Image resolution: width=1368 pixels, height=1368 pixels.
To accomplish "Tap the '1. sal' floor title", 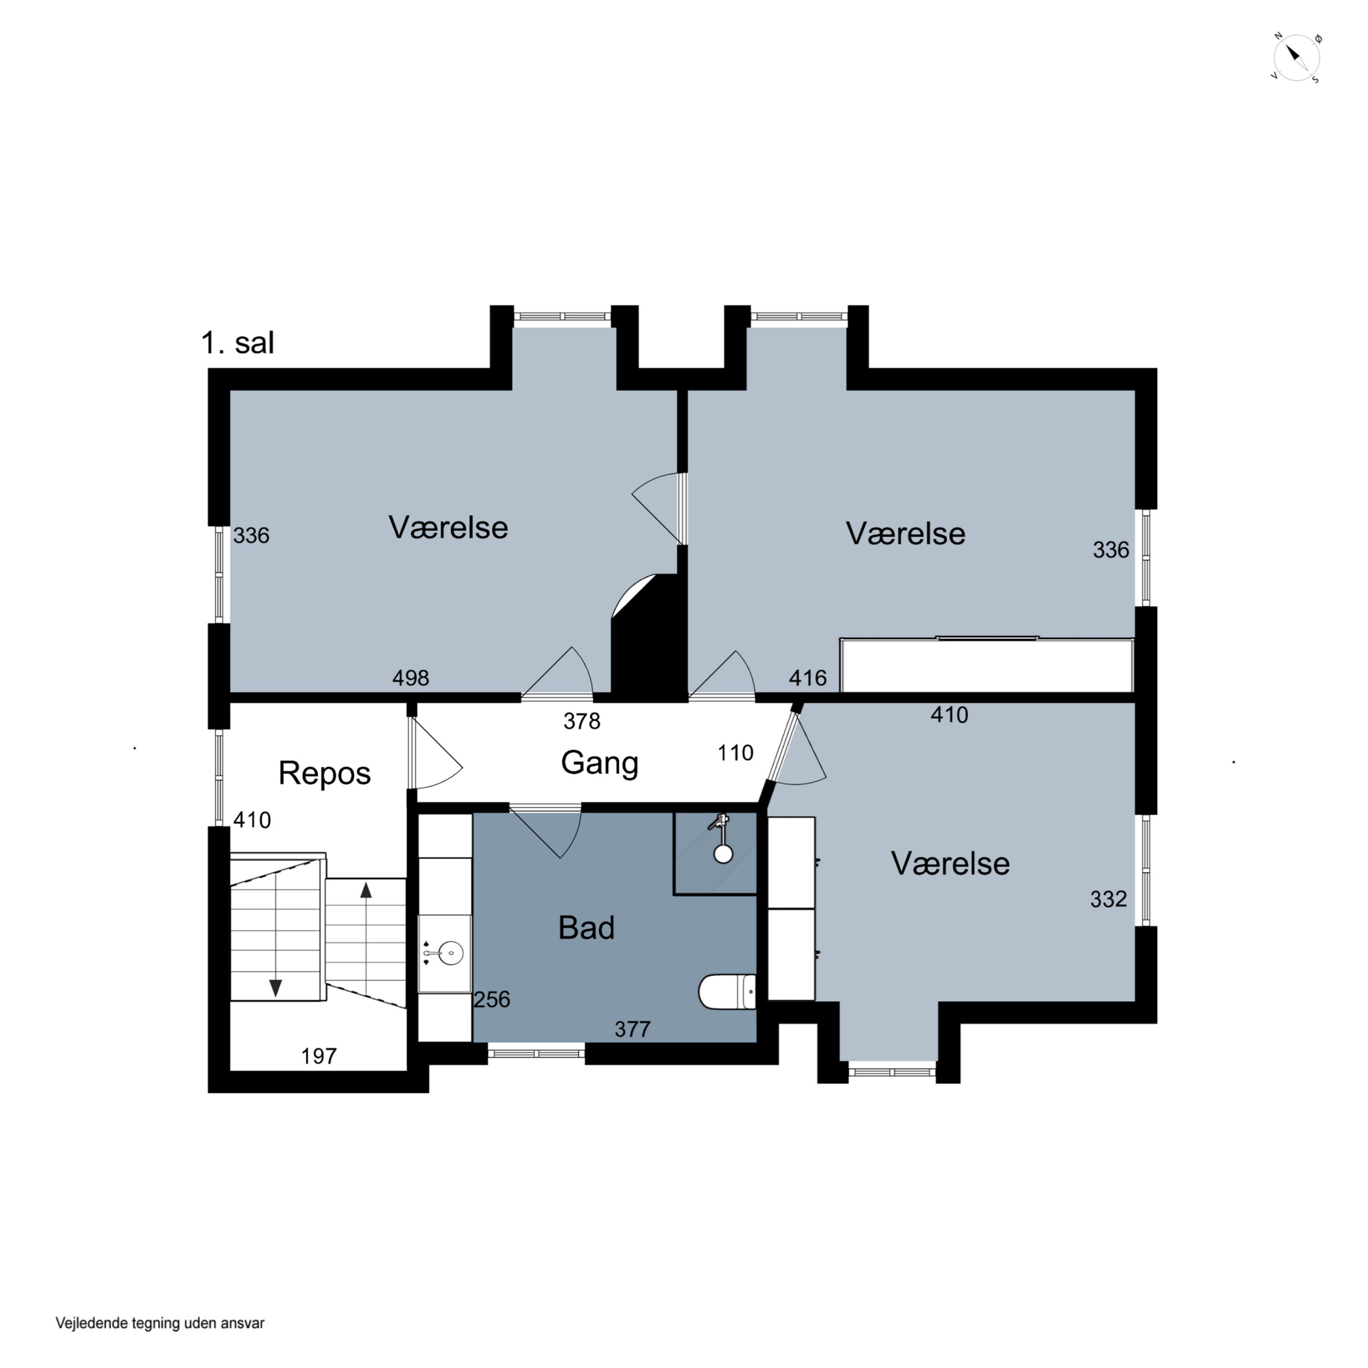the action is tap(237, 343).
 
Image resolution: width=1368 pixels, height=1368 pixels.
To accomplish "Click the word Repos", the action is tap(324, 773).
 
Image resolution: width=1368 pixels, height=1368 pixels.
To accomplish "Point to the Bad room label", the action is tap(586, 928).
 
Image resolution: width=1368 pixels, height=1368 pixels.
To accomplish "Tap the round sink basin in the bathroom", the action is tap(451, 953).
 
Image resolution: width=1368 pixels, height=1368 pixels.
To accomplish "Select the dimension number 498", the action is tap(411, 679).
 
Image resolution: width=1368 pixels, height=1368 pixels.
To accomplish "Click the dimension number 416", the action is tap(808, 679).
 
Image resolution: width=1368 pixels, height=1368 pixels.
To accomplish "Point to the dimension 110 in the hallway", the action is tap(736, 753).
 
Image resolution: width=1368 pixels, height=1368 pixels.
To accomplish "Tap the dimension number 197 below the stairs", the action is tap(319, 1057).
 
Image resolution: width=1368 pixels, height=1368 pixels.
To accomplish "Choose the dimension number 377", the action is tap(632, 1029).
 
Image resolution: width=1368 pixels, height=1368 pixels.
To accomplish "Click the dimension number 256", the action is tap(492, 999).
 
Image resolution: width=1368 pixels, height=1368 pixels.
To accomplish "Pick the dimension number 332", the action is tap(1108, 899).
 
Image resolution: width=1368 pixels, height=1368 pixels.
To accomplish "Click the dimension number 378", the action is tap(581, 721).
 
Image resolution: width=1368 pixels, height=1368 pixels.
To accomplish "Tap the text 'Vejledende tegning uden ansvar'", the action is tap(160, 1323).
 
